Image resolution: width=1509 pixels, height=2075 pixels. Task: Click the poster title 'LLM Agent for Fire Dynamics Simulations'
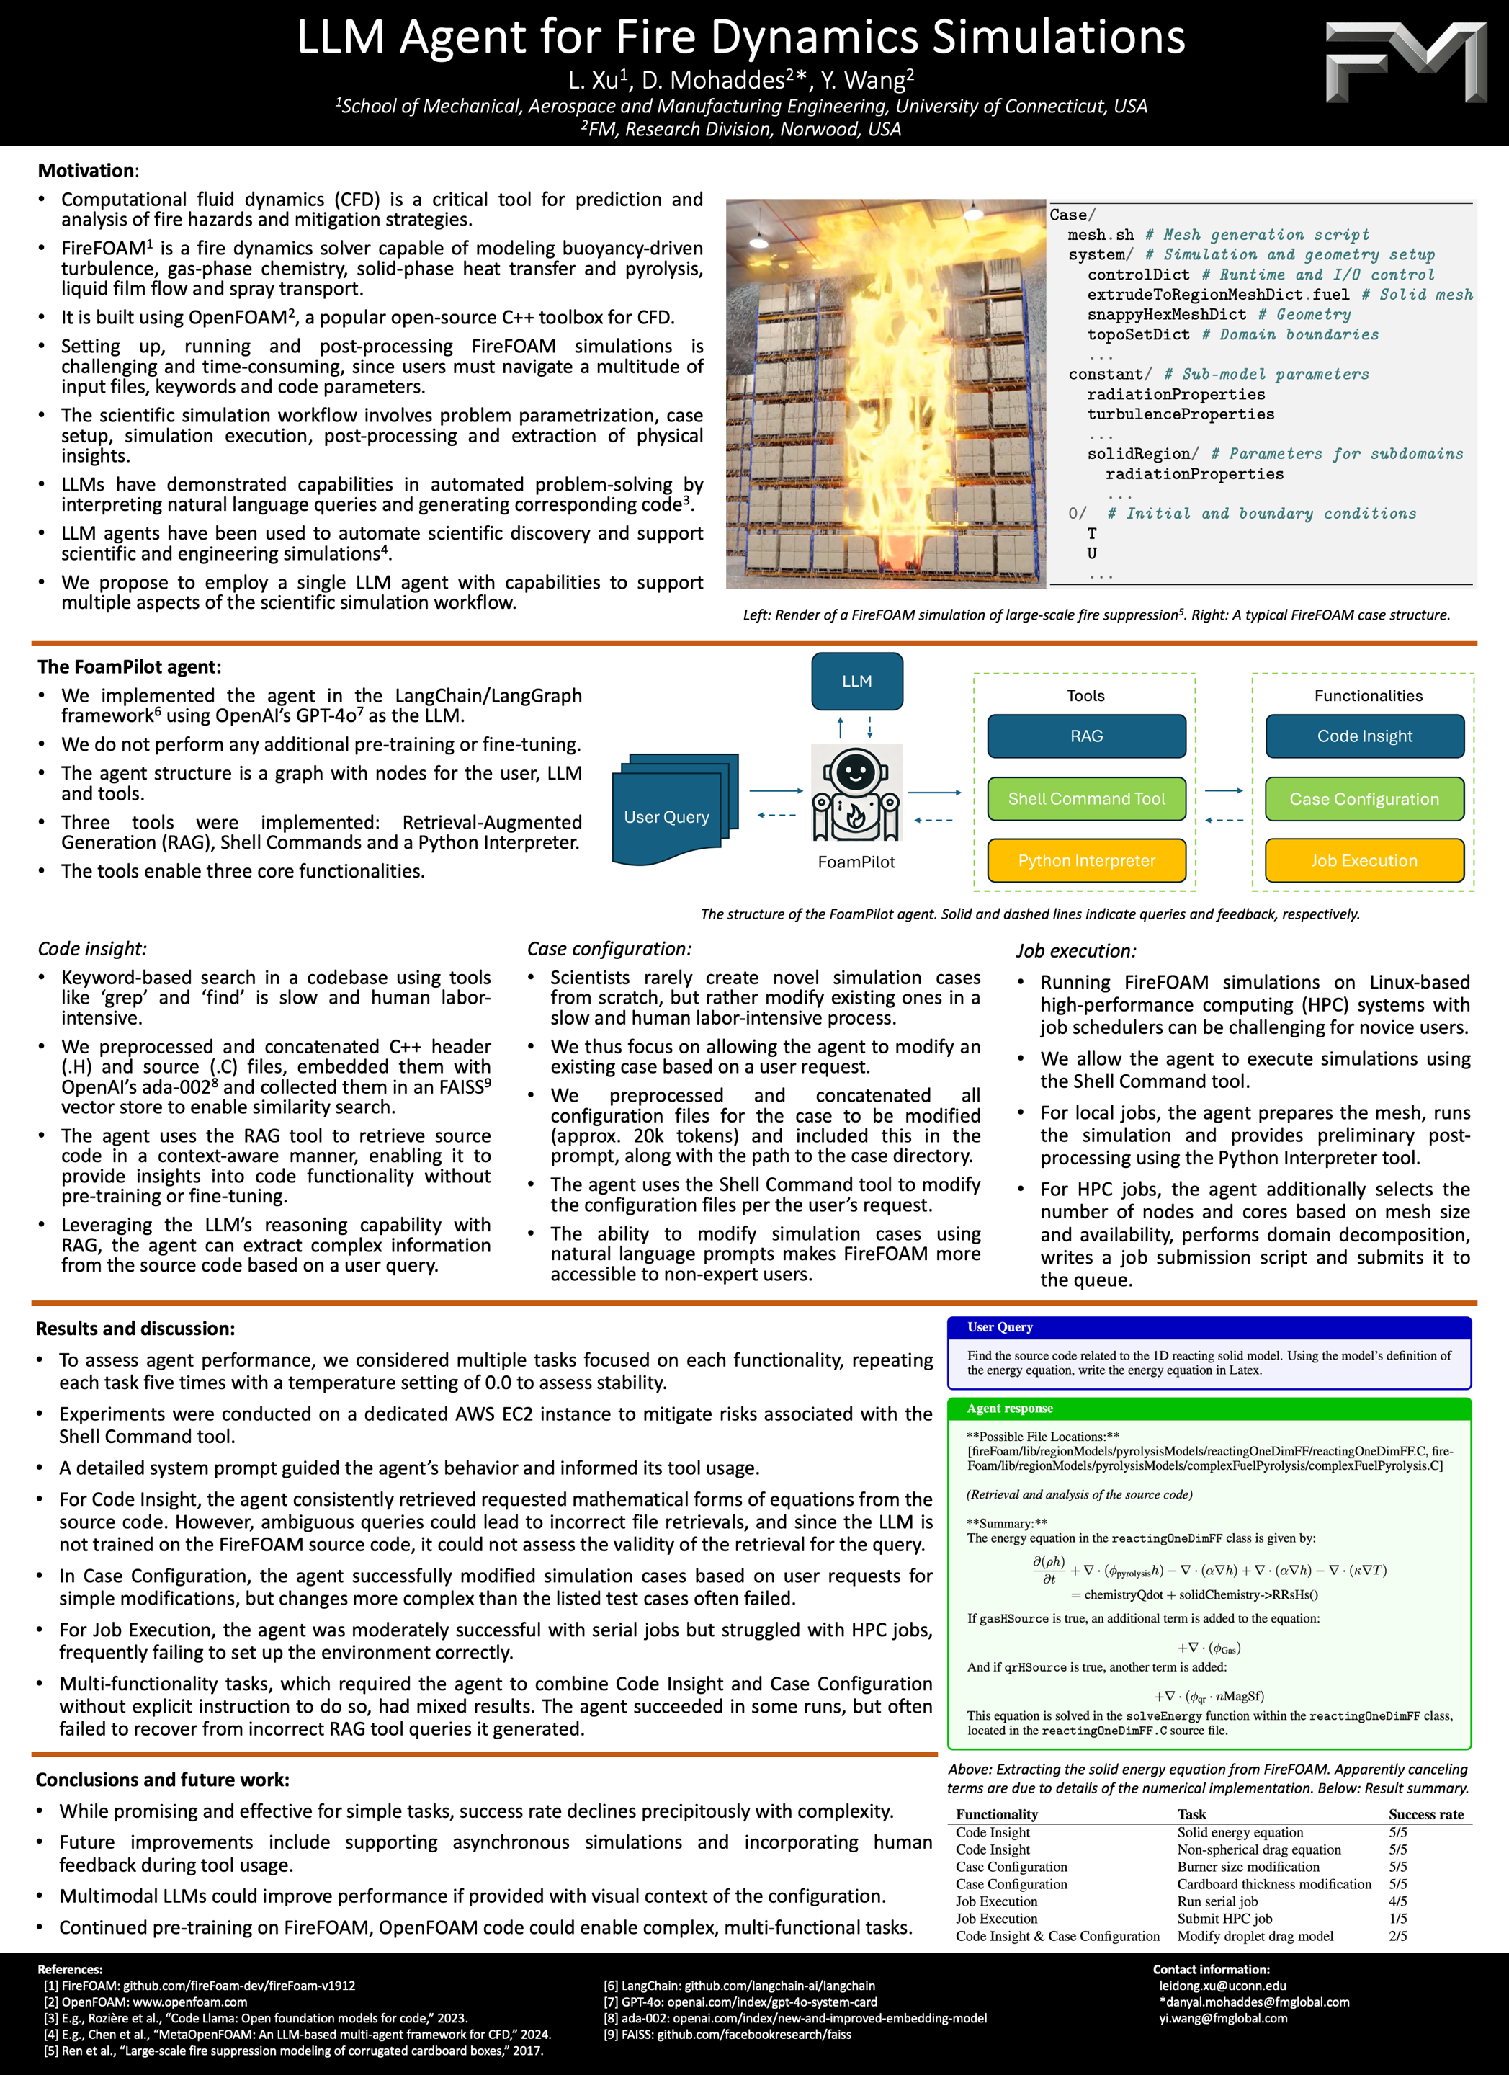click(x=740, y=37)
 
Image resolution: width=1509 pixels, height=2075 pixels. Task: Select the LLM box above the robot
click(x=857, y=681)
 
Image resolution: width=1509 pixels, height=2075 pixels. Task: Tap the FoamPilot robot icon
click(x=856, y=793)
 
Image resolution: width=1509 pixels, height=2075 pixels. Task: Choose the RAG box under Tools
click(x=1086, y=736)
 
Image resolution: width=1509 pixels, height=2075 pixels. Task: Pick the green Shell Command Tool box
click(x=1086, y=799)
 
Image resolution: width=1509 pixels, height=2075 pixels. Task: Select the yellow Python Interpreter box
click(x=1086, y=861)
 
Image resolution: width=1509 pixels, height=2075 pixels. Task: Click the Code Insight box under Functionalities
click(x=1364, y=736)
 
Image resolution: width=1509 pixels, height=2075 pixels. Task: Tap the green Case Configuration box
click(x=1364, y=799)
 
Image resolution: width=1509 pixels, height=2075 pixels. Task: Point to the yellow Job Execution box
click(x=1364, y=861)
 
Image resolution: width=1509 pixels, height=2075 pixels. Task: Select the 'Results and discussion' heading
click(x=135, y=1329)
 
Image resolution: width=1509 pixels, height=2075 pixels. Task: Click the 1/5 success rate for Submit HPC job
click(x=1397, y=1919)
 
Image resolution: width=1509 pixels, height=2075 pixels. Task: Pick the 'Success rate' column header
click(x=1425, y=1814)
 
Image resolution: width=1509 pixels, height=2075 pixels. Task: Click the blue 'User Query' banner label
click(x=1000, y=1328)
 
